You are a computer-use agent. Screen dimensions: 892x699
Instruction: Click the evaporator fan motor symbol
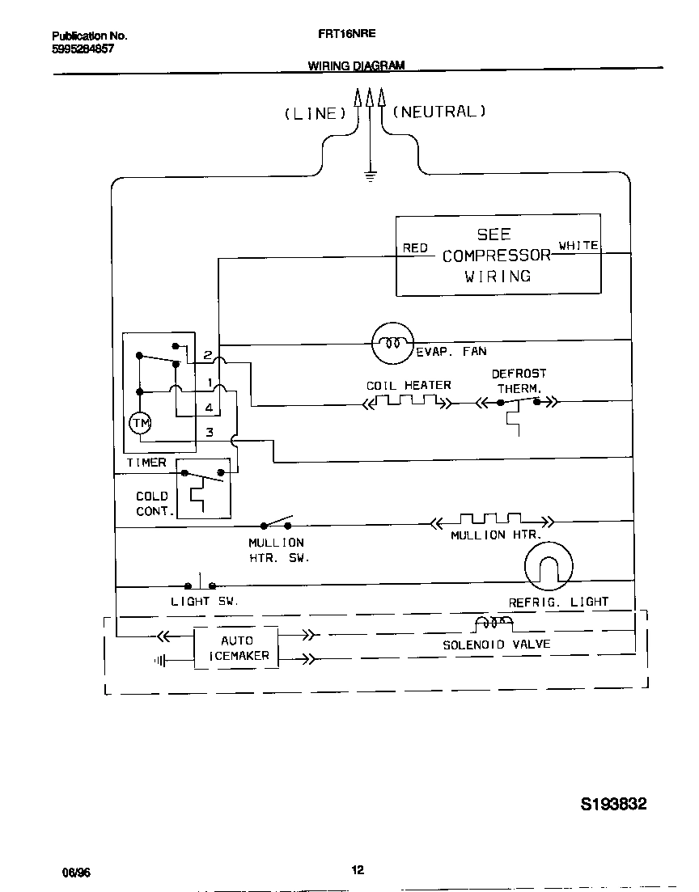point(392,343)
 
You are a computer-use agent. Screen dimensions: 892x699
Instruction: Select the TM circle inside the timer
point(139,423)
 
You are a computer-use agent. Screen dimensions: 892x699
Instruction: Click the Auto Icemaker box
point(236,648)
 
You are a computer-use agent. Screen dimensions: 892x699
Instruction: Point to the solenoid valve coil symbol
point(493,624)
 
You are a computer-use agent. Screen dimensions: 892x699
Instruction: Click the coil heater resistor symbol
point(408,401)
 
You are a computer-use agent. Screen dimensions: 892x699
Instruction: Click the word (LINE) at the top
point(314,114)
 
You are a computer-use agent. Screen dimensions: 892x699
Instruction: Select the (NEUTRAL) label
point(438,112)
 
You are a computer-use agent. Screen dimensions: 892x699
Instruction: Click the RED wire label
point(415,248)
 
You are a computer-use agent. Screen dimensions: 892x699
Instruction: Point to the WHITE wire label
point(578,245)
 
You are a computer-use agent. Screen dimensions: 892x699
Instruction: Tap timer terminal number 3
point(210,433)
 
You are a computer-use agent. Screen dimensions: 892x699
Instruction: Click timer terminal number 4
point(209,408)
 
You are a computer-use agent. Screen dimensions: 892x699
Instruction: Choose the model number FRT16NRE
point(341,36)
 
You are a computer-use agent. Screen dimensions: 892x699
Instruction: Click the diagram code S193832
point(614,805)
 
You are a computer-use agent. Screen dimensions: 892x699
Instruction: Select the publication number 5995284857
point(83,49)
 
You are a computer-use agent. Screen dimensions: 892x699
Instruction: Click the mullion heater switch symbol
point(276,522)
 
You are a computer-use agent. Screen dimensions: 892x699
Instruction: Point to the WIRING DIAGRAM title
point(356,66)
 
